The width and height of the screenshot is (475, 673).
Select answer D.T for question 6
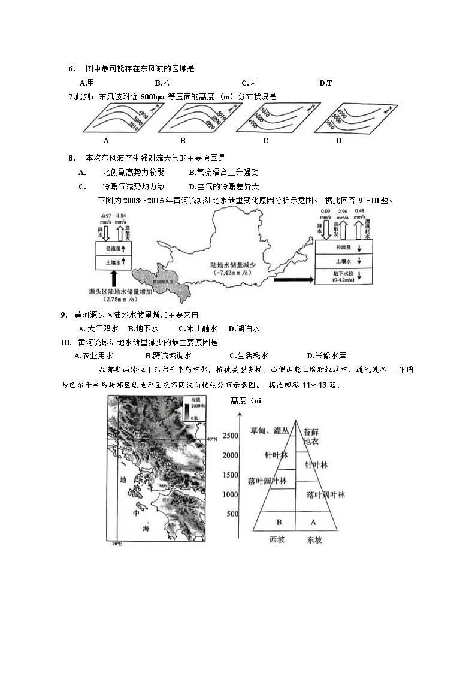[x=325, y=83]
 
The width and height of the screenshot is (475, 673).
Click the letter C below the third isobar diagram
[x=265, y=141]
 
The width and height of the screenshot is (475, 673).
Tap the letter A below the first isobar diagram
[x=106, y=141]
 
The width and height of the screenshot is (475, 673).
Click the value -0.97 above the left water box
[x=105, y=216]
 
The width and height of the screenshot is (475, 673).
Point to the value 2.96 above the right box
[x=343, y=212]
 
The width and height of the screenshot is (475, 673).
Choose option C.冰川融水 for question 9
[x=198, y=328]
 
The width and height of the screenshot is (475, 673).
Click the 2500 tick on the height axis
[x=231, y=436]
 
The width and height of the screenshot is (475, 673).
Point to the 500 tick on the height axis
[x=233, y=514]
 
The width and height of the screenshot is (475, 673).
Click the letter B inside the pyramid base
[x=279, y=522]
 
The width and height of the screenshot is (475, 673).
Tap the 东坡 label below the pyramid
[x=314, y=540]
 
